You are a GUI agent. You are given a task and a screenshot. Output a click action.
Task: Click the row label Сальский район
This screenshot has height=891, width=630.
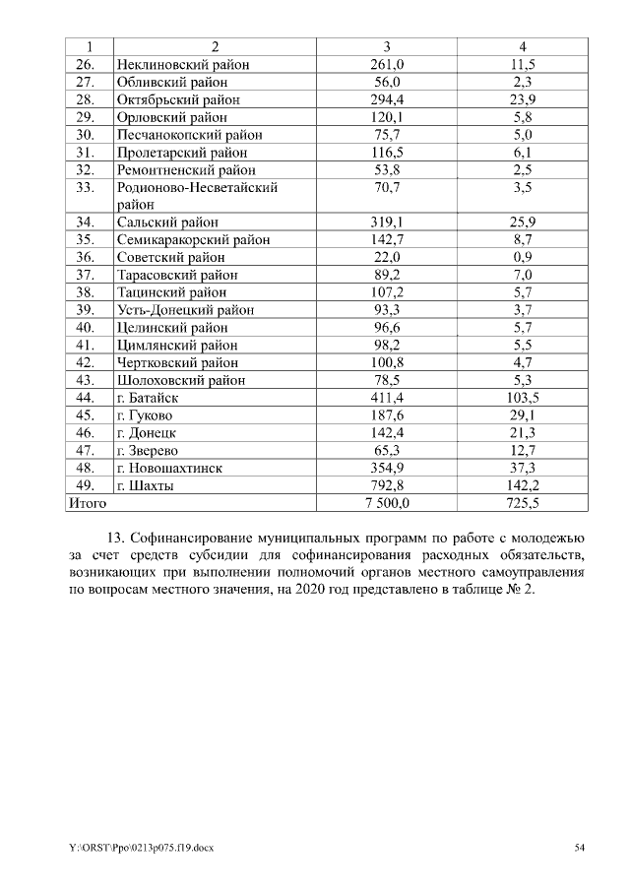[x=167, y=223]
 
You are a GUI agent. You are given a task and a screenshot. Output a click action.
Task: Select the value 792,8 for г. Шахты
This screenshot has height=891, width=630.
[x=387, y=485]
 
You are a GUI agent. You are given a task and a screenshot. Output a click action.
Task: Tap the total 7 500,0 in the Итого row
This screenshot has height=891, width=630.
[x=387, y=503]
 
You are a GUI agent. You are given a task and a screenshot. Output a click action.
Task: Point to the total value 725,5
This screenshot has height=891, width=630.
[x=523, y=503]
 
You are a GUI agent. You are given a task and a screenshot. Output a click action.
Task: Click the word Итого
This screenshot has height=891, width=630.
[x=87, y=503]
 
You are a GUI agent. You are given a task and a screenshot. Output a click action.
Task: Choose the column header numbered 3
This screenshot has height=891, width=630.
[x=387, y=46]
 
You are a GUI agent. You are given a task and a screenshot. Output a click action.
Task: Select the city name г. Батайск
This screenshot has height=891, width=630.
[x=149, y=398]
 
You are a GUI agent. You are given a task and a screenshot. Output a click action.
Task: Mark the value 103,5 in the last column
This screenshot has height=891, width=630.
[x=523, y=398]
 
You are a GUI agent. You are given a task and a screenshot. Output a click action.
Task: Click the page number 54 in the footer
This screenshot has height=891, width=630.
[x=580, y=848]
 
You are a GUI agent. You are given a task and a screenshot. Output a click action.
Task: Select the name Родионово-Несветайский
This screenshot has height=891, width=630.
[x=197, y=187]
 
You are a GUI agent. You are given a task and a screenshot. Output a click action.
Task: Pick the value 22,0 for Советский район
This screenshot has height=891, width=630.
[x=387, y=257]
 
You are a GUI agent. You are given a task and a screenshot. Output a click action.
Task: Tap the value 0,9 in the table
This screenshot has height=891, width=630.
[x=523, y=257]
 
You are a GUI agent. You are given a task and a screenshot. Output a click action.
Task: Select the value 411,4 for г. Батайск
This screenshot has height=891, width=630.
[x=387, y=398]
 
